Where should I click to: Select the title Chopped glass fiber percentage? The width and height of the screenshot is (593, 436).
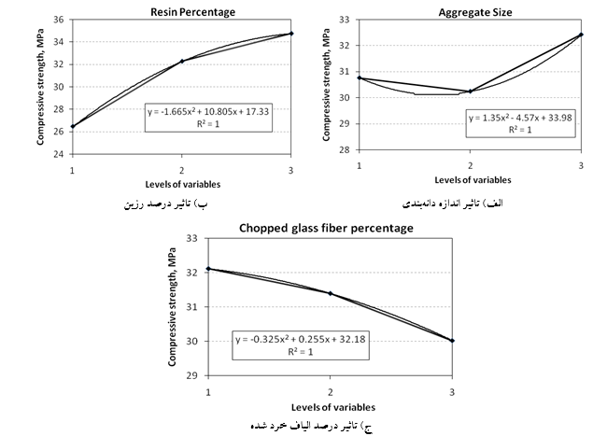(326, 228)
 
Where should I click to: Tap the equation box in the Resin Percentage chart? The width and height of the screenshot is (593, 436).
(209, 118)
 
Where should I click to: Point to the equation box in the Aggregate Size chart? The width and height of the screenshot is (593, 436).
(514, 123)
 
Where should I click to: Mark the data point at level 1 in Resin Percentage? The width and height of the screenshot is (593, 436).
(73, 126)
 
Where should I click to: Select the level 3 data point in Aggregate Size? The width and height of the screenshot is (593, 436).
(580, 35)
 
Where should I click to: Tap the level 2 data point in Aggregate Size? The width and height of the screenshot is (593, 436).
(470, 91)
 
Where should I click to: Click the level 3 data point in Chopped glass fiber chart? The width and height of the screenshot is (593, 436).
(453, 341)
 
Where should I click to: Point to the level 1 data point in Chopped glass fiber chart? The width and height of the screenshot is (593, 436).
(208, 269)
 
